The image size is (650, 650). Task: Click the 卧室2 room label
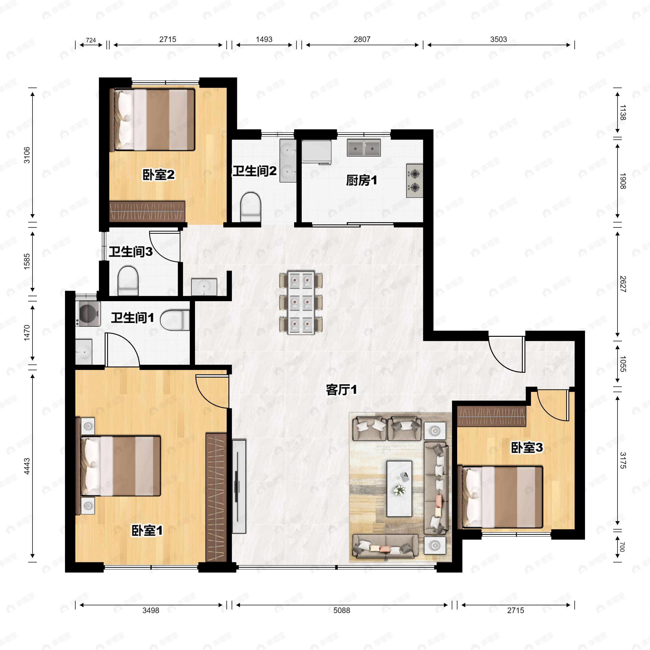[x=158, y=175]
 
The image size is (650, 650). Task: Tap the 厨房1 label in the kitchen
[x=361, y=181]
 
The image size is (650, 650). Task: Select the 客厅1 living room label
[x=341, y=390]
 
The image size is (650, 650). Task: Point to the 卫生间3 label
[x=131, y=252]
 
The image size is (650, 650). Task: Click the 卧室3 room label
[x=527, y=448]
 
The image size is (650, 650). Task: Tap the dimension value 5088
[x=342, y=610]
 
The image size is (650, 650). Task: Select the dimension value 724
[x=91, y=40]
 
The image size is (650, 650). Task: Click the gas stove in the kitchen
[x=414, y=180]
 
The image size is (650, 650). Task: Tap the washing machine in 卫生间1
[x=88, y=314]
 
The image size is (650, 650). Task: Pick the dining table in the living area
[x=301, y=303]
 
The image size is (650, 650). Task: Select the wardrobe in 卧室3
[x=492, y=417]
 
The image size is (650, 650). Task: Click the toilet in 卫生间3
[x=128, y=281]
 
